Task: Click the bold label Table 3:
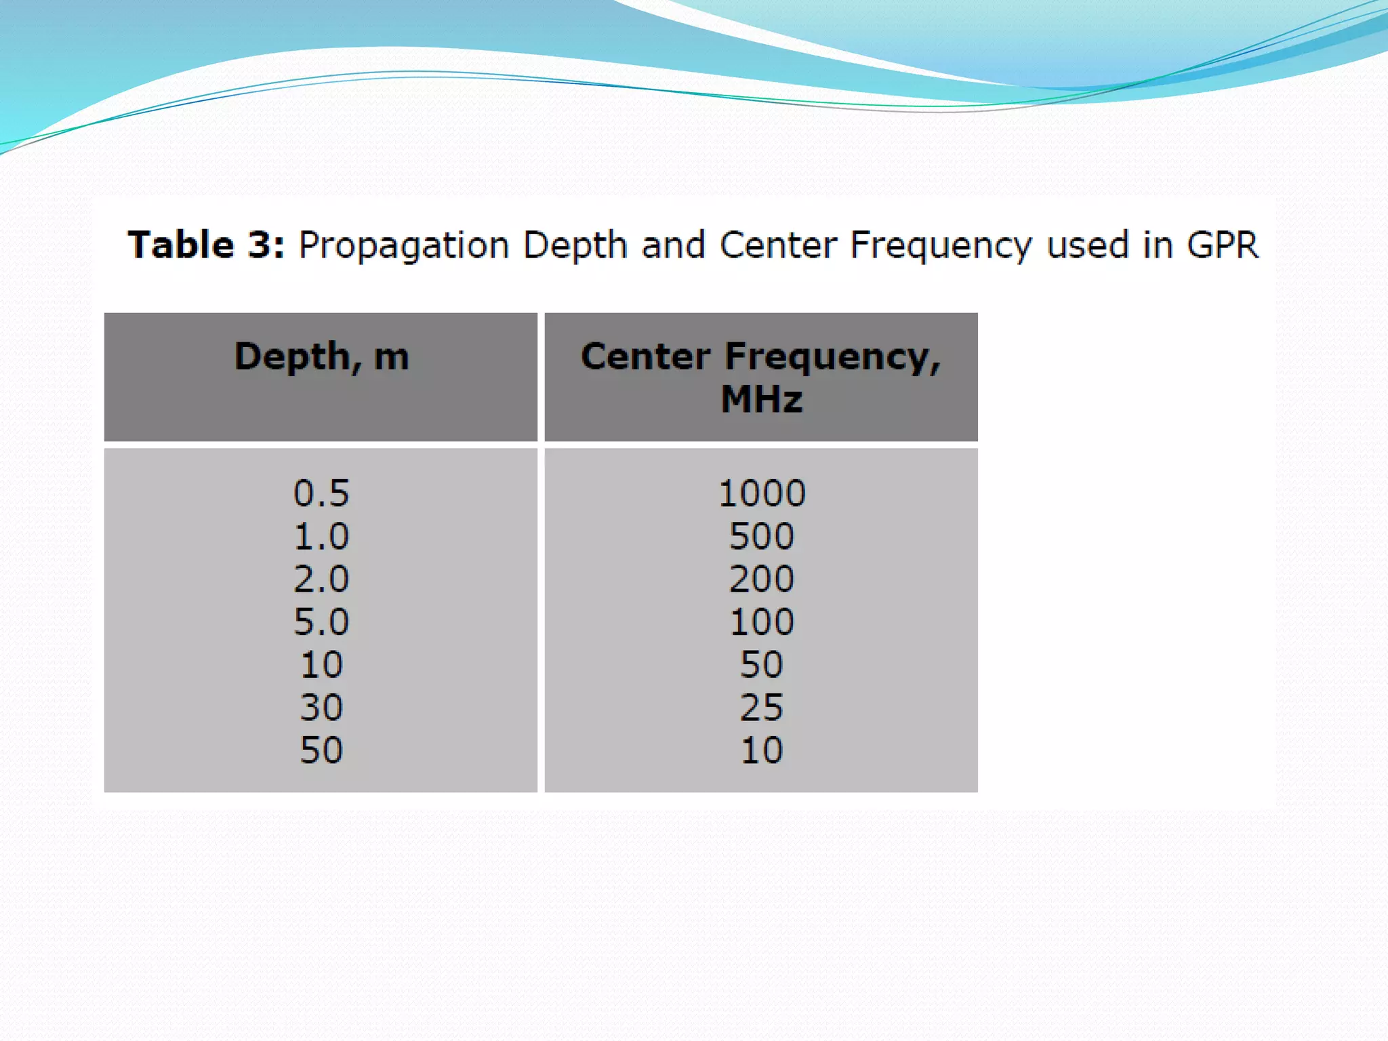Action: (206, 245)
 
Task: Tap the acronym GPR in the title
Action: (1223, 245)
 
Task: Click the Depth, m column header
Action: (321, 357)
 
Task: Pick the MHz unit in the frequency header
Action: (761, 399)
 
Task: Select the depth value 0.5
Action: (321, 493)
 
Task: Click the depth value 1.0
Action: (321, 536)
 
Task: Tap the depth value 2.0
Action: (321, 579)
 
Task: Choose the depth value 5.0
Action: (321, 621)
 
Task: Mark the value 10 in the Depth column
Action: (321, 664)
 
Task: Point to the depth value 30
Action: (321, 708)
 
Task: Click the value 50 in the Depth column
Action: (321, 750)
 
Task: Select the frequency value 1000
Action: (761, 493)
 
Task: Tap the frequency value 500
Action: (761, 536)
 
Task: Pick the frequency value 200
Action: (761, 579)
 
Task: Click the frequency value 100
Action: (761, 621)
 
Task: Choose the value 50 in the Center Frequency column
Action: (761, 664)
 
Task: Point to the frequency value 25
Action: (761, 708)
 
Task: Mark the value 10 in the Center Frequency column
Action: (761, 750)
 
